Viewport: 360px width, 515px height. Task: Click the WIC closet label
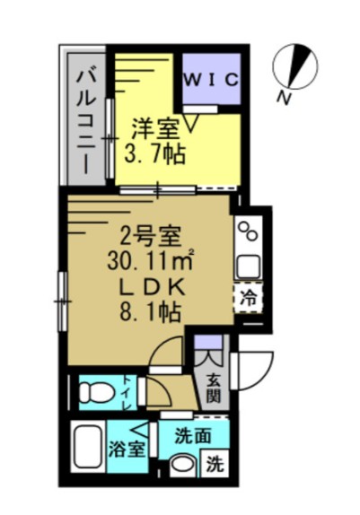(x=213, y=79)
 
